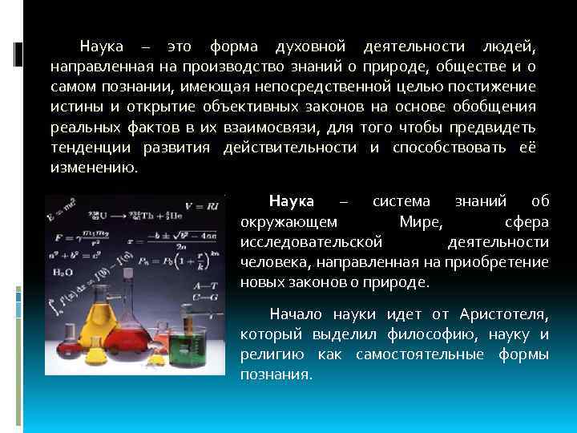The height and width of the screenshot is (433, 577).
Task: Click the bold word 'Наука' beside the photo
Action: (292, 200)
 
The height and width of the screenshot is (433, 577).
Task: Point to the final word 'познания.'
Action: (276, 375)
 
